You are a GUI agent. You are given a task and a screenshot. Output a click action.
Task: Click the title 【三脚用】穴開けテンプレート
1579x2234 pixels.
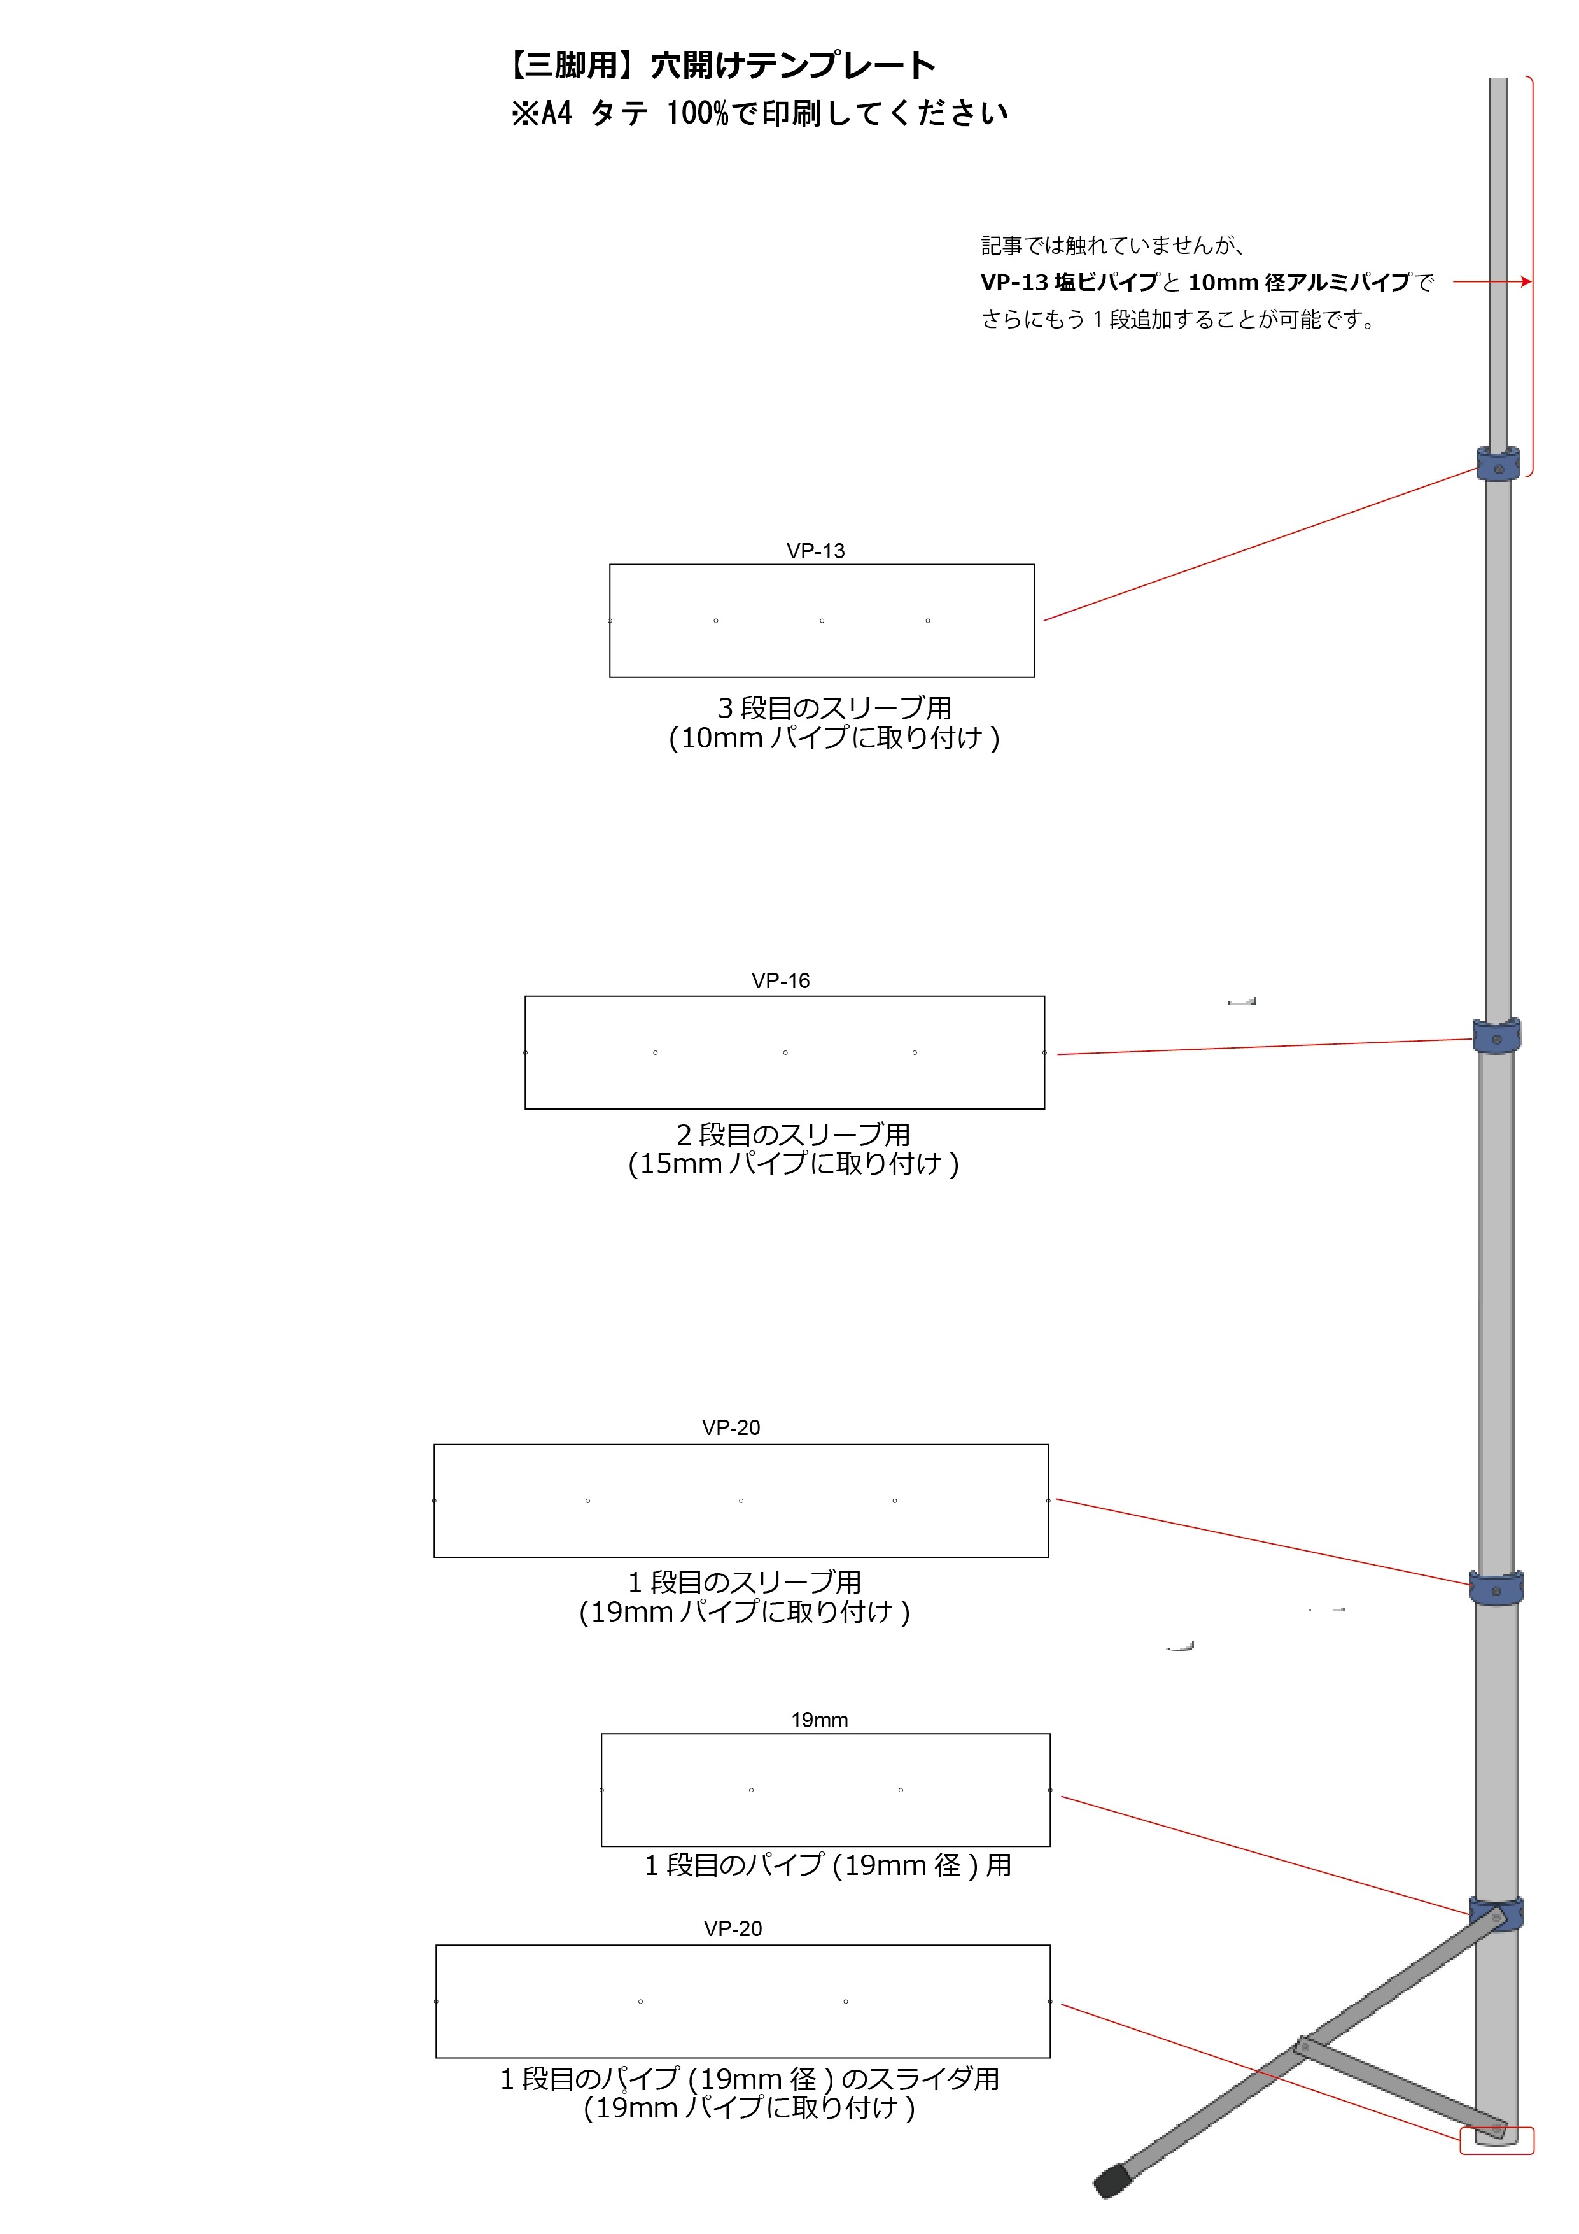pyautogui.click(x=721, y=65)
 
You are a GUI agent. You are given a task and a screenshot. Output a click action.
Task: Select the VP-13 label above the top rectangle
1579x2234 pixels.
pyautogui.click(x=815, y=551)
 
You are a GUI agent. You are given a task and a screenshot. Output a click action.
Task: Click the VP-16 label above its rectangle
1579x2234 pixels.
pyautogui.click(x=780, y=981)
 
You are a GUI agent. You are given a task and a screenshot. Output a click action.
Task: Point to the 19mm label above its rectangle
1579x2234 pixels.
pyautogui.click(x=819, y=1720)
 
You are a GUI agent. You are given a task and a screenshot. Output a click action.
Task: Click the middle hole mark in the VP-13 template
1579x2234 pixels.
pyautogui.click(x=822, y=621)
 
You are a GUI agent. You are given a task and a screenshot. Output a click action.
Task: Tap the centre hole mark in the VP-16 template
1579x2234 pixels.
pyautogui.click(x=785, y=1053)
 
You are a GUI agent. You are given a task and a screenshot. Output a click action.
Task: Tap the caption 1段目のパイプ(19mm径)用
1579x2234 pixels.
pyautogui.click(x=828, y=1865)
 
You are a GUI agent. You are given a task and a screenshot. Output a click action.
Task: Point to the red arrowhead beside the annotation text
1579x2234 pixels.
pyautogui.click(x=1526, y=282)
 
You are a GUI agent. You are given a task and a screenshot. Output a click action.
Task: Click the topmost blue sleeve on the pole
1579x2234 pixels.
pyautogui.click(x=1498, y=464)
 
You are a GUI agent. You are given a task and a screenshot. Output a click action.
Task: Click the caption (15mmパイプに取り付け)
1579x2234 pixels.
pyautogui.click(x=794, y=1164)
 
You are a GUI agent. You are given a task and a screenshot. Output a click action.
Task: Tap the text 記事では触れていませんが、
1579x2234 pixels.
pyautogui.click(x=1113, y=245)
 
